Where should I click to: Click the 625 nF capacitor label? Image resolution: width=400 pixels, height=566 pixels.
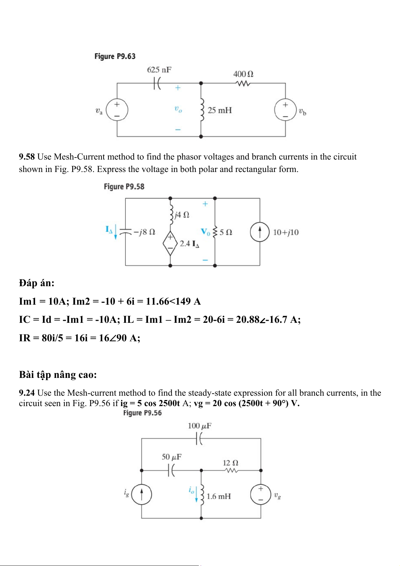(159, 70)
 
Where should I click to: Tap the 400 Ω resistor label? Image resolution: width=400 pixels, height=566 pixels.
(243, 74)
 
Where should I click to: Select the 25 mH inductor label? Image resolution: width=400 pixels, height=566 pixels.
(220, 110)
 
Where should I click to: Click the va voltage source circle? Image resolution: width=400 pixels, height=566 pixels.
(117, 110)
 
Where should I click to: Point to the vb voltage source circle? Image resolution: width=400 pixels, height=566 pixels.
(285, 110)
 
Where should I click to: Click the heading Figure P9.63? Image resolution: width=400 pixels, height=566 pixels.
(115, 56)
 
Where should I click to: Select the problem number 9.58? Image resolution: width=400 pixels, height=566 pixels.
(27, 157)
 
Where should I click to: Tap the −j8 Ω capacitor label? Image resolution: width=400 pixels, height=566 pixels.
(144, 232)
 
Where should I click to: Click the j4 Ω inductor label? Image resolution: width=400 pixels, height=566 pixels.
(182, 215)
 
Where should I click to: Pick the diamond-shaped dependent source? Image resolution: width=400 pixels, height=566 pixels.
(170, 243)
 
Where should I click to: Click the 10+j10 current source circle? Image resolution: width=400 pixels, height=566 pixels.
(260, 232)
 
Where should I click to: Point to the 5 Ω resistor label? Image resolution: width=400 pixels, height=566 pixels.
(226, 232)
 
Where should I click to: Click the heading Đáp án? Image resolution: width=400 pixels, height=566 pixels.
(37, 283)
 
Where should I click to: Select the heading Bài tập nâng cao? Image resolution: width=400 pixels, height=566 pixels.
(58, 375)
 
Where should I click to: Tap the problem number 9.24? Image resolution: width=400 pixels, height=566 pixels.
(27, 393)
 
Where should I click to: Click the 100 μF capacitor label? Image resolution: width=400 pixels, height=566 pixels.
(199, 426)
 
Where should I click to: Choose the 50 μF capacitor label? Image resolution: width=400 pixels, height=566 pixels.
(172, 457)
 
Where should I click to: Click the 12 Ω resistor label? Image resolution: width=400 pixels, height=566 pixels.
(231, 463)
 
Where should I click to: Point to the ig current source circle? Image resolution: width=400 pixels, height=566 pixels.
(141, 494)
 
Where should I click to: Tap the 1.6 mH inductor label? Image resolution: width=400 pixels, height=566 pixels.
(219, 496)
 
